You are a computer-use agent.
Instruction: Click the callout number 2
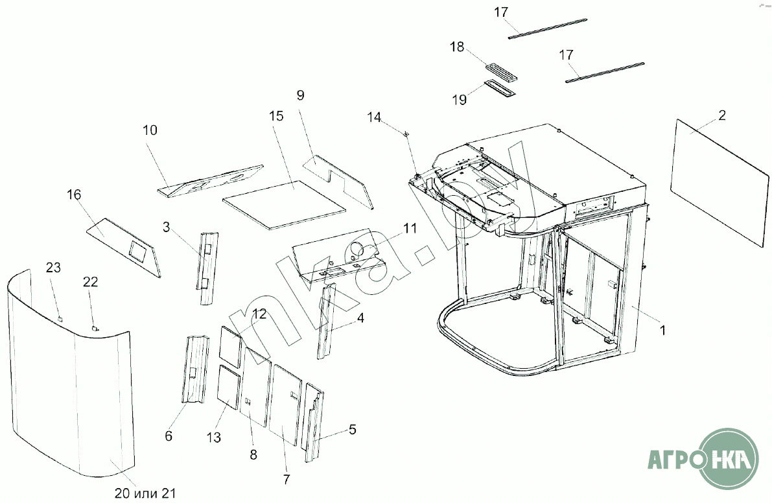coord(721,116)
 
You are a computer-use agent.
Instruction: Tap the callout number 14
coord(374,117)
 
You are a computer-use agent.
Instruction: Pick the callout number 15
coord(276,117)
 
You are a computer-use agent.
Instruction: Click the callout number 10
coord(150,130)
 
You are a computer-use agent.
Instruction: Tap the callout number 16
coord(75,195)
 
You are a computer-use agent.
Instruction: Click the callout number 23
coord(53,268)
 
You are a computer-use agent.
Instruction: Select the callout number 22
coord(91,281)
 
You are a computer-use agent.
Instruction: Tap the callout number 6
coord(169,436)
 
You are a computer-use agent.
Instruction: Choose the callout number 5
coord(352,429)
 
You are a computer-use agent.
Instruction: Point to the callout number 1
coord(662,331)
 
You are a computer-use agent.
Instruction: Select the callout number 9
coord(300,95)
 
